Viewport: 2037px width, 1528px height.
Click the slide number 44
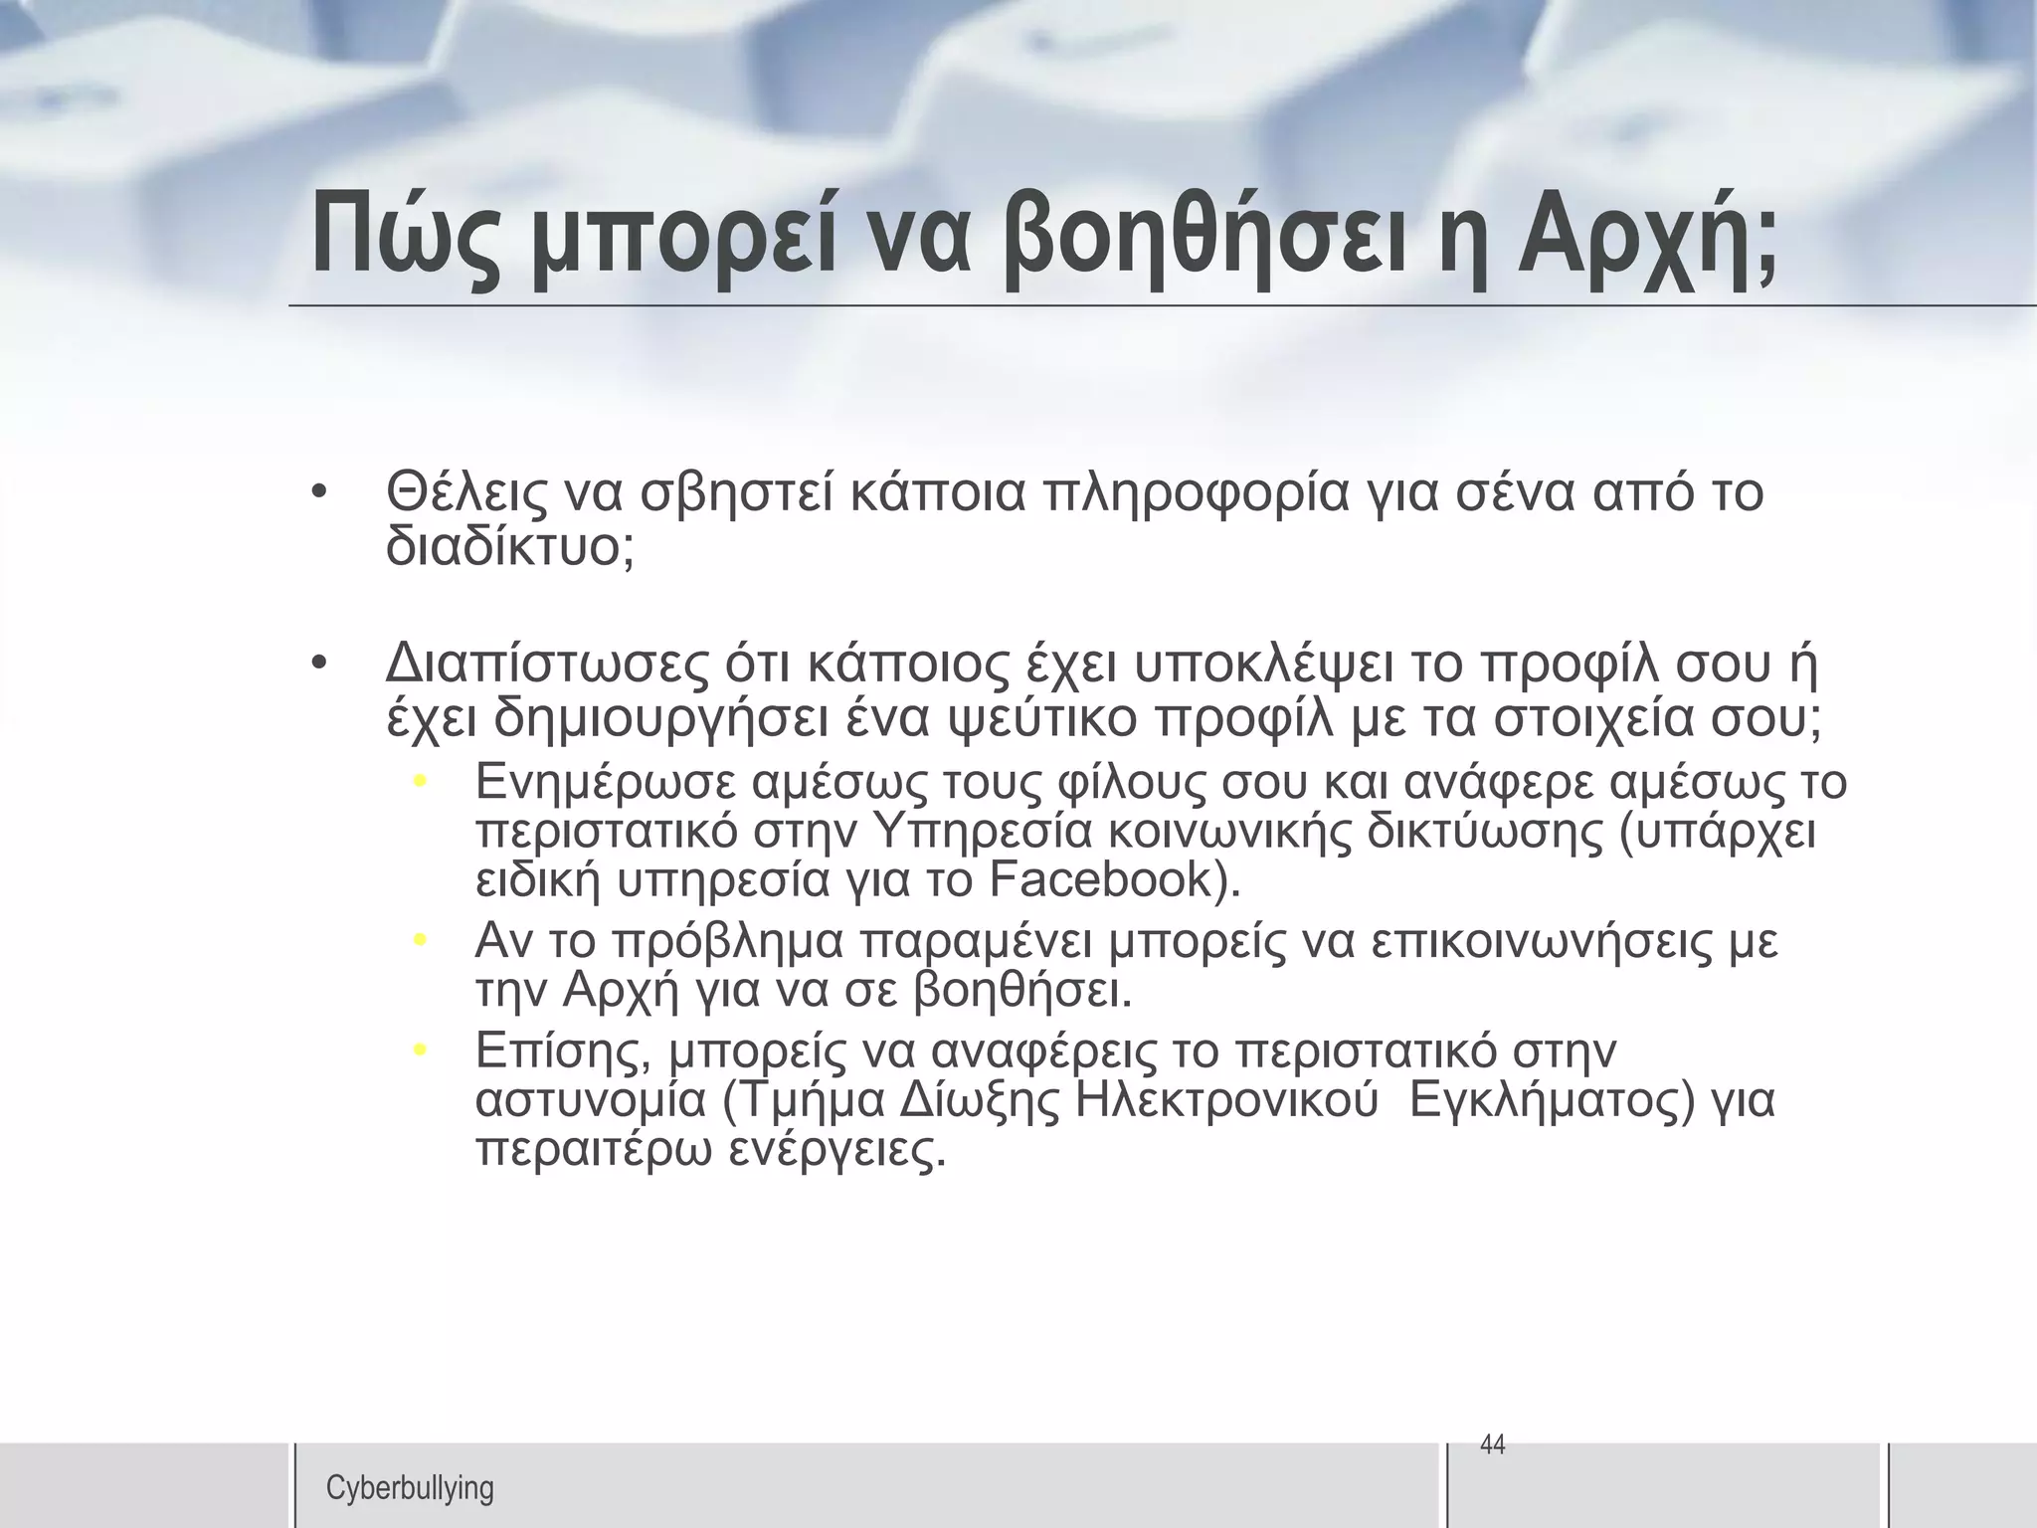pos(1493,1444)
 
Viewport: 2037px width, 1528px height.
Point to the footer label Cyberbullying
pos(410,1488)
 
